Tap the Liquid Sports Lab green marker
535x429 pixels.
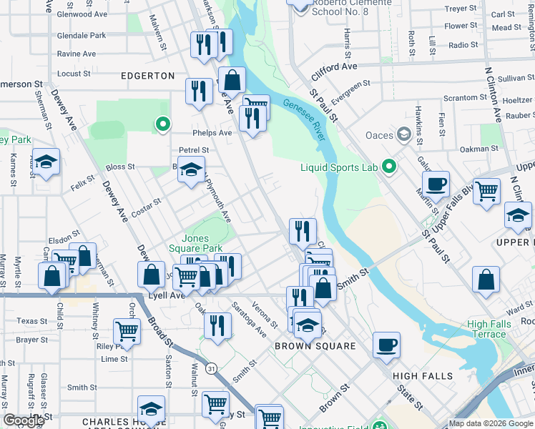click(389, 167)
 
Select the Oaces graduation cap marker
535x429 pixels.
click(404, 134)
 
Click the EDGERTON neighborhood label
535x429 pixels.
click(148, 75)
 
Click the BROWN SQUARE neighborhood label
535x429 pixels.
click(315, 345)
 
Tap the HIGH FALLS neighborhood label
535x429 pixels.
click(423, 375)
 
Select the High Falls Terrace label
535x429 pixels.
click(487, 329)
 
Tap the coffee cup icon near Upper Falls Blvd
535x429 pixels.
click(436, 185)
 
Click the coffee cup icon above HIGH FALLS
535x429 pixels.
click(387, 345)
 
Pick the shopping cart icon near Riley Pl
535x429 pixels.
click(127, 331)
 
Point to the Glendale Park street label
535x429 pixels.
click(82, 35)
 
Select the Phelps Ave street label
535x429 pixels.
click(212, 132)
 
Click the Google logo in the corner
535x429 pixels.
click(24, 420)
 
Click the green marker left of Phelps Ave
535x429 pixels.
click(163, 125)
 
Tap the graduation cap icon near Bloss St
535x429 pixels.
click(191, 170)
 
